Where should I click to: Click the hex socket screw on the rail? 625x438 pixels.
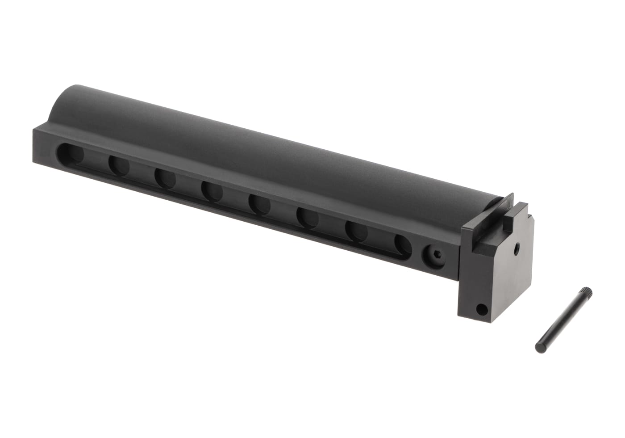[432, 255]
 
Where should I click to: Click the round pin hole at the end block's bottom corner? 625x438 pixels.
[481, 308]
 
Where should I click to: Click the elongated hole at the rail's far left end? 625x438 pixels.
[72, 153]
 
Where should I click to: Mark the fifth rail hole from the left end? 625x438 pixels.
[259, 203]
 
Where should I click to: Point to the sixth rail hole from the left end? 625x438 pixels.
[308, 217]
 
